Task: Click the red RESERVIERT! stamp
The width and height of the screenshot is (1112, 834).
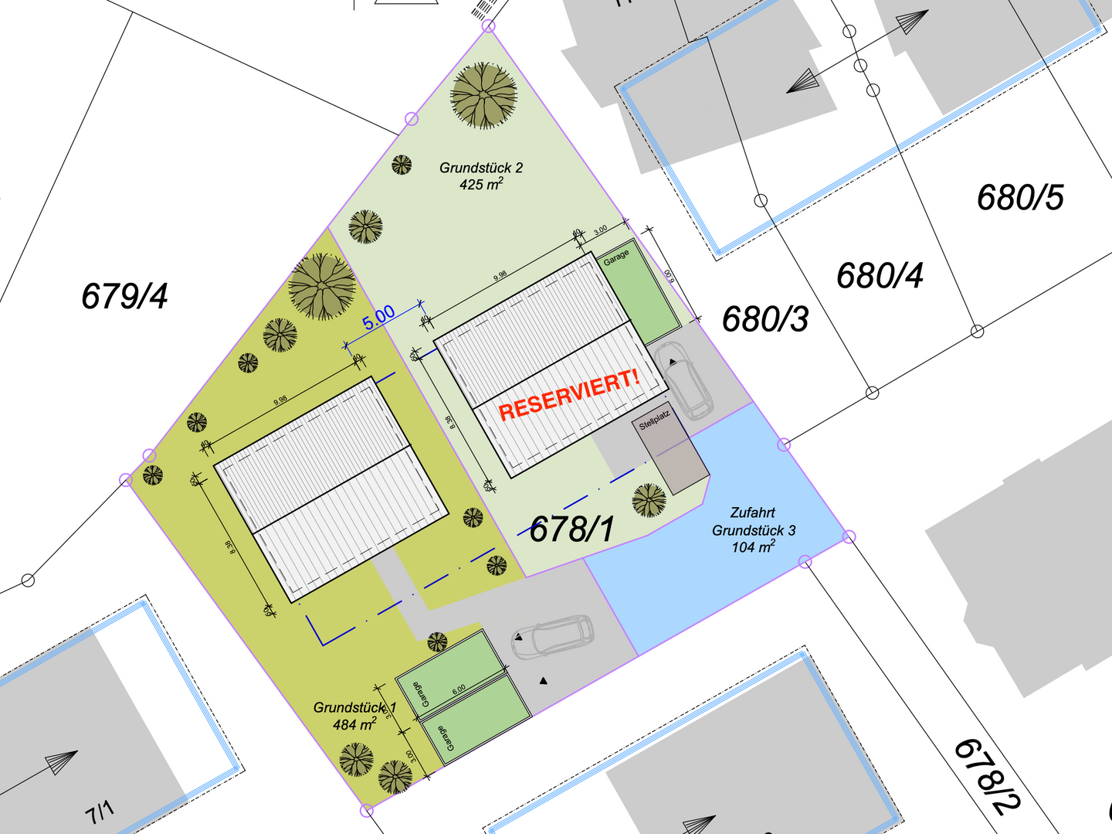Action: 569,395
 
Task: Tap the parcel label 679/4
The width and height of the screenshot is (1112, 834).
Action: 124,296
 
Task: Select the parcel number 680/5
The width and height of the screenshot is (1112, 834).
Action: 1019,198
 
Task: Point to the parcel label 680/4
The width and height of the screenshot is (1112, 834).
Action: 880,276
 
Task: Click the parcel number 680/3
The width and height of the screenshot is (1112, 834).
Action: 764,319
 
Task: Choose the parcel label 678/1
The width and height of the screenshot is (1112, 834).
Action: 572,529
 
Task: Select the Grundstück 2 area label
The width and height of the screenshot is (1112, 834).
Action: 481,168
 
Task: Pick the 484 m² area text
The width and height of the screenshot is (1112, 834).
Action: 354,724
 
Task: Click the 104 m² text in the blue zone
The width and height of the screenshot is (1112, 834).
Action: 753,547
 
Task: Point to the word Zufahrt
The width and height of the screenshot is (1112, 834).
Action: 752,512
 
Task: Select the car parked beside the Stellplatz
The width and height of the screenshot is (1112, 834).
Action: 681,379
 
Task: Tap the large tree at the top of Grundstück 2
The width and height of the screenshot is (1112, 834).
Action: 483,96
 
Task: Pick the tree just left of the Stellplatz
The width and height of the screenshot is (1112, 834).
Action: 649,500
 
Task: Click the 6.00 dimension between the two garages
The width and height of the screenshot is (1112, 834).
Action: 459,689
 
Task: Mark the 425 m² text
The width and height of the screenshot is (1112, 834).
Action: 481,185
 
